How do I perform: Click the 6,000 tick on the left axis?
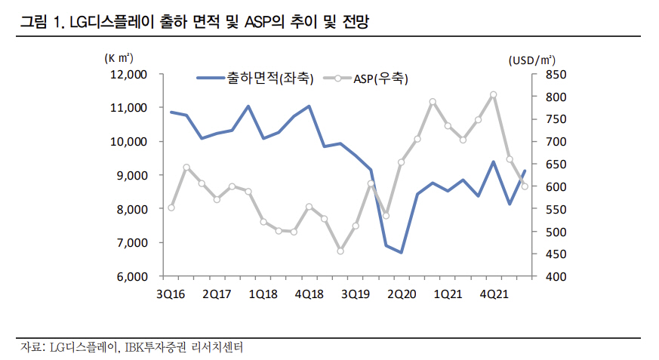[x=131, y=276]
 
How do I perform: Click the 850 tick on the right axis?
[x=552, y=75]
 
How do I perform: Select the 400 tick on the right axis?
[x=552, y=276]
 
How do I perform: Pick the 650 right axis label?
[x=552, y=165]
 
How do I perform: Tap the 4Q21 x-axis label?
[x=493, y=293]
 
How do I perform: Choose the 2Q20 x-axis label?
[x=401, y=293]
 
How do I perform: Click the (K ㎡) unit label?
[x=119, y=57]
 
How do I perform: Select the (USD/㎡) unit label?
[x=531, y=58]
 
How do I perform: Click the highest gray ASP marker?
[x=493, y=95]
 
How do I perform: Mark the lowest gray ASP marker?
[x=340, y=251]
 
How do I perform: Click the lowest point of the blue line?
[x=401, y=252]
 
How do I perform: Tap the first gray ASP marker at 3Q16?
[x=171, y=208]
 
